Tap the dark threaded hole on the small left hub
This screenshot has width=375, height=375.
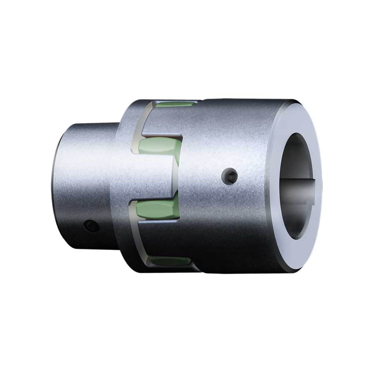click(x=92, y=226)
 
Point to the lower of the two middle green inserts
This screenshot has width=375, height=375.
click(x=157, y=210)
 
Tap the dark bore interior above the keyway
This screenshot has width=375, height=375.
click(x=298, y=157)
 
